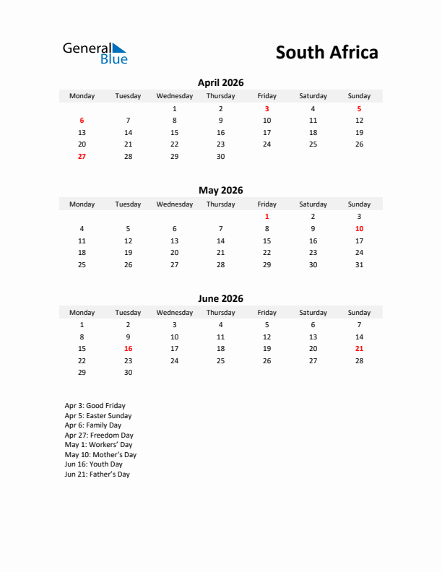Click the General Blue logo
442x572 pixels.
click(95, 53)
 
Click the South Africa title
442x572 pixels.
click(326, 53)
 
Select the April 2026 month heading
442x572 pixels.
click(220, 83)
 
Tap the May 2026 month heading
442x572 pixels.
click(220, 191)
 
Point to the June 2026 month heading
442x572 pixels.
click(220, 299)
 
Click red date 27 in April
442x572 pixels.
click(82, 156)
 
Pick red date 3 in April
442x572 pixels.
click(266, 108)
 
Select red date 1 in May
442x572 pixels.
click(266, 216)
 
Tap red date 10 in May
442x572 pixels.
click(359, 228)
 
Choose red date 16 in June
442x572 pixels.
click(128, 348)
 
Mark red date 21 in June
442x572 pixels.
click(359, 348)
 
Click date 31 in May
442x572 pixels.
click(359, 264)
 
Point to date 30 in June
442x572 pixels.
click(128, 373)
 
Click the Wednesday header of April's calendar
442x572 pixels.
click(174, 96)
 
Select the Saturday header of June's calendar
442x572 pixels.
click(313, 313)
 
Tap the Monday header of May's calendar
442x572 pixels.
click(82, 204)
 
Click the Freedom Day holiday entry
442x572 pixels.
click(99, 435)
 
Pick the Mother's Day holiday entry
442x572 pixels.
click(100, 455)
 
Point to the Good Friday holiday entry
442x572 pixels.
click(95, 406)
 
